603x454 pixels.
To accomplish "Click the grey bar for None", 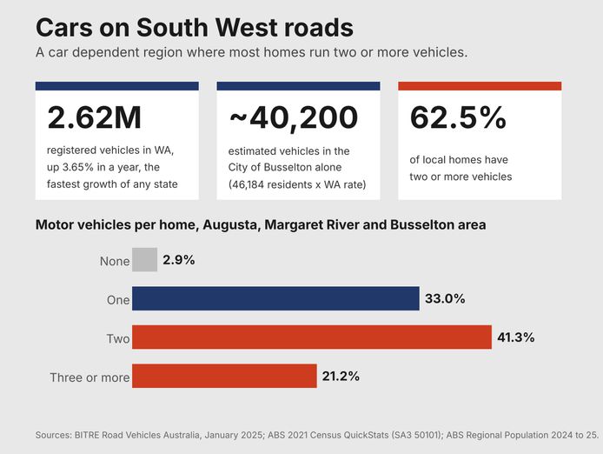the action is tap(144, 259).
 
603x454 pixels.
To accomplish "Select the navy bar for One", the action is tap(275, 298).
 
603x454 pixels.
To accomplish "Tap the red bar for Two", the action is tap(312, 337).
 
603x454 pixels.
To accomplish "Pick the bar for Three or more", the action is tap(224, 376).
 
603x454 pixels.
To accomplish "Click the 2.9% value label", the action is tap(179, 260).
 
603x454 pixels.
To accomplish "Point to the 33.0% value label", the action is tap(445, 298).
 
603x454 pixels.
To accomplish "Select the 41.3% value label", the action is tap(516, 337).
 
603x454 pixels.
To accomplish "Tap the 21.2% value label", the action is tap(341, 376).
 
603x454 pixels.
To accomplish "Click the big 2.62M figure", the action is tap(94, 117).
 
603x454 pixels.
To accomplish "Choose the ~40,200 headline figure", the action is tap(294, 118).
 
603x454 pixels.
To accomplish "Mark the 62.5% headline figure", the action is tap(458, 117).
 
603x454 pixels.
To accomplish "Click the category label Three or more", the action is tap(89, 377).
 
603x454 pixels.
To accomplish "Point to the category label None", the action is tap(115, 261).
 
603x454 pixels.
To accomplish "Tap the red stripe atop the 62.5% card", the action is tap(480, 86).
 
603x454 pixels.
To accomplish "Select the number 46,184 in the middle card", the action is tap(248, 185).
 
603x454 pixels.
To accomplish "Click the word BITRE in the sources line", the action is tap(87, 435).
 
